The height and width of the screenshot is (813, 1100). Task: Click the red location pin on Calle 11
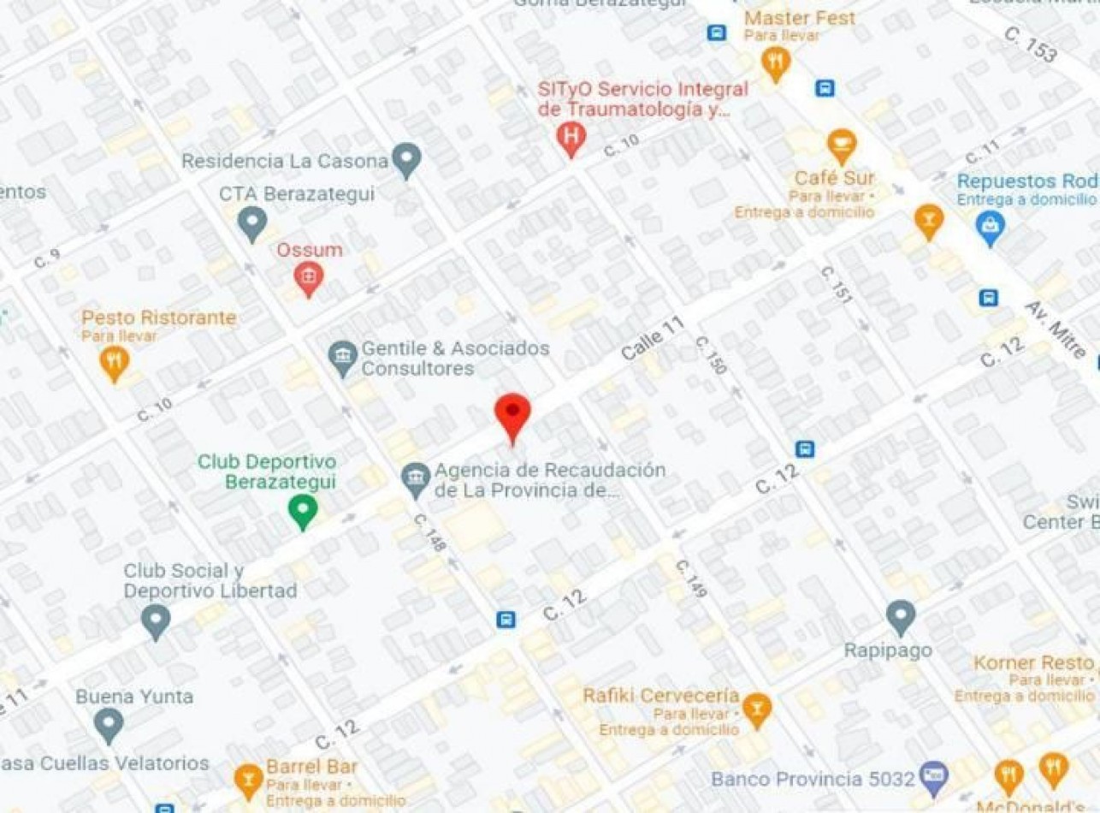pyautogui.click(x=512, y=414)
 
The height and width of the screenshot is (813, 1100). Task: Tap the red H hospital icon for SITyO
pyautogui.click(x=571, y=137)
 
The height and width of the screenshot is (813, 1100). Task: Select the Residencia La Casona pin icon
pyautogui.click(x=406, y=158)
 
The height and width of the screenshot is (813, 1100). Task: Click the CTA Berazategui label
pyautogui.click(x=297, y=194)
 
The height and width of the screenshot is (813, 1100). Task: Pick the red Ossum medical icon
pyautogui.click(x=309, y=276)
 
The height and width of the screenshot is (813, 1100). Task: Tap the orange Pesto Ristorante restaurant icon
pyautogui.click(x=115, y=361)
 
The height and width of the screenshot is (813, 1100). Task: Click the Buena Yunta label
pyautogui.click(x=134, y=697)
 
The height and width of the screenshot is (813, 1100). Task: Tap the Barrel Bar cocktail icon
pyautogui.click(x=248, y=779)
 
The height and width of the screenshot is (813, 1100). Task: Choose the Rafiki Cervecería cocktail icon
pyautogui.click(x=756, y=709)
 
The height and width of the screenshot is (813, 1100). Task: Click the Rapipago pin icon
pyautogui.click(x=900, y=616)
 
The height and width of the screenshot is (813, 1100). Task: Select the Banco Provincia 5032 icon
pyautogui.click(x=934, y=778)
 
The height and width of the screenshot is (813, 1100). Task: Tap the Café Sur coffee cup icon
pyautogui.click(x=841, y=144)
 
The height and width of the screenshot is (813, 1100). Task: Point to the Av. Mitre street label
pyautogui.click(x=1056, y=329)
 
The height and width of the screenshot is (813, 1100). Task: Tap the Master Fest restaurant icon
pyautogui.click(x=776, y=62)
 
